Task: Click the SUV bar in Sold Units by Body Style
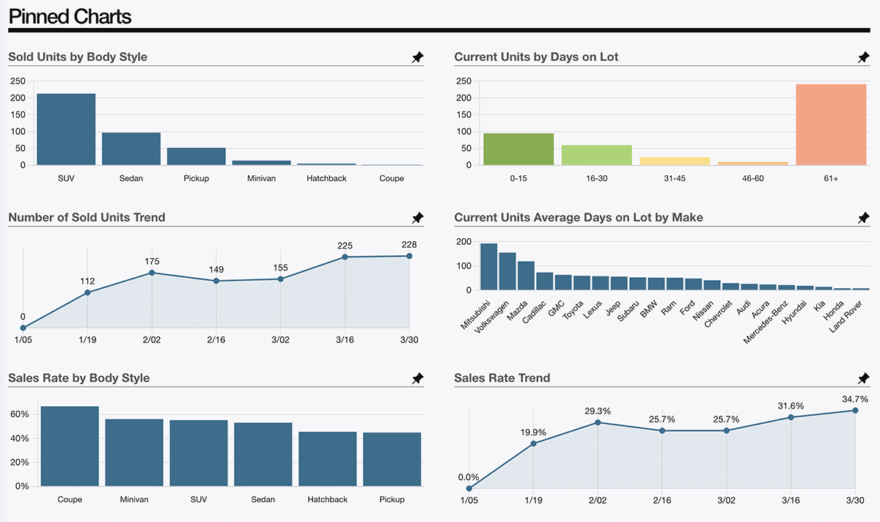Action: pos(66,129)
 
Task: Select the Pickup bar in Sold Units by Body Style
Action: pos(196,156)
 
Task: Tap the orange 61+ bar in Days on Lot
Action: pos(831,125)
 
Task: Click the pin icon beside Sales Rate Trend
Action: pos(863,378)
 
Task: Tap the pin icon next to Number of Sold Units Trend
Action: pos(417,218)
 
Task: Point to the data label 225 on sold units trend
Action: pos(345,246)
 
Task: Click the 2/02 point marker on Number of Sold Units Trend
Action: pos(152,273)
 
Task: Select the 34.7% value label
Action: pos(855,400)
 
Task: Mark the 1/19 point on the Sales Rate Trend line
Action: pos(533,444)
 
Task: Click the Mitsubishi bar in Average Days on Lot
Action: pos(488,267)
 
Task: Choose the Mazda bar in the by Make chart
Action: pos(526,276)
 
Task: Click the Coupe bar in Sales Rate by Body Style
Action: pos(70,446)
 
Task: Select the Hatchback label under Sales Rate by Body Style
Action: pos(328,499)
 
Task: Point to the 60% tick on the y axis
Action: pos(20,414)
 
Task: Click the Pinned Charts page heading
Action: pos(70,16)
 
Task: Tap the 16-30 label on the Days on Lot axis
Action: pos(596,178)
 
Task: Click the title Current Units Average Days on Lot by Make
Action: pos(579,218)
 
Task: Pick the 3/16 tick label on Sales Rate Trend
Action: pos(791,499)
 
